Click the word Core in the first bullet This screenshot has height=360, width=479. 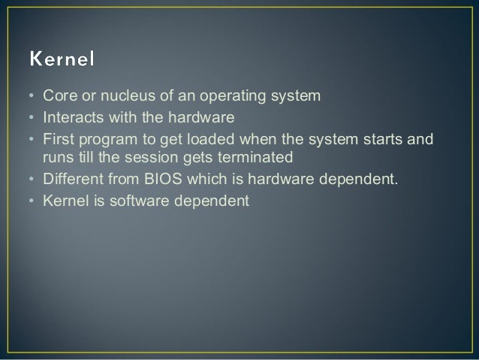point(57,96)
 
